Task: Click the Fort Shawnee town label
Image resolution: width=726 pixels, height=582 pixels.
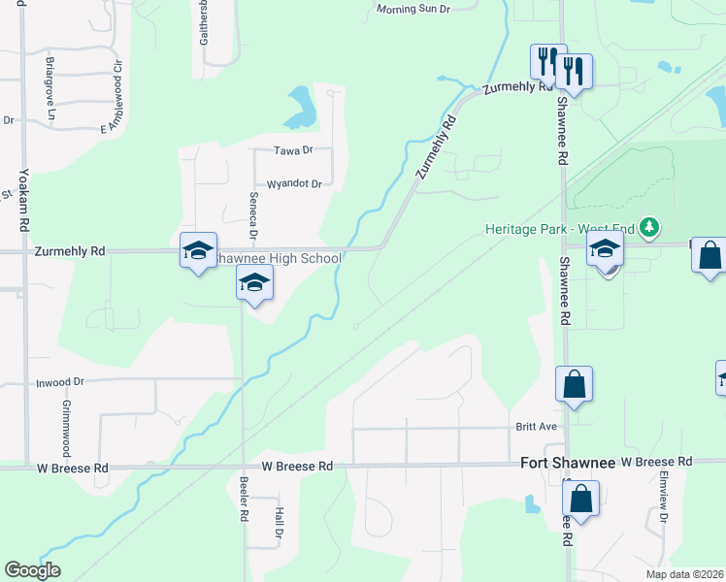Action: coord(568,464)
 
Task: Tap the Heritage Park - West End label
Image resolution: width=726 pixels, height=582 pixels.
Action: coord(562,230)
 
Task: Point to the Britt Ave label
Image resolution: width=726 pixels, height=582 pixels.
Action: coord(535,427)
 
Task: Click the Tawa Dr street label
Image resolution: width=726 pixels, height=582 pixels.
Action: coord(293,150)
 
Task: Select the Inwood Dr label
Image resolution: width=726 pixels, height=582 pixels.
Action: coord(56,383)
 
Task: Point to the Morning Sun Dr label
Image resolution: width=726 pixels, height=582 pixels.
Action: coord(414,10)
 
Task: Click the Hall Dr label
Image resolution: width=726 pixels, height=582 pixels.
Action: coord(278,525)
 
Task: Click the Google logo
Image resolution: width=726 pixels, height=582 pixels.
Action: coord(32,570)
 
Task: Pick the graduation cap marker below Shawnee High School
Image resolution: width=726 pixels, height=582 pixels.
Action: coord(254,282)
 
